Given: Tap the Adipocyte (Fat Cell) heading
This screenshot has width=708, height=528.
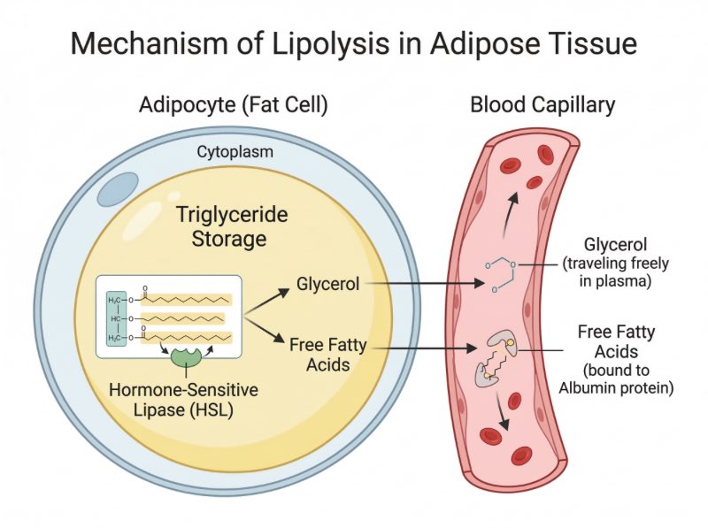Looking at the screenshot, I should (x=234, y=105).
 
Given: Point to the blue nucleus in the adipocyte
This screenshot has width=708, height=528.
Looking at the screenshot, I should (x=118, y=189).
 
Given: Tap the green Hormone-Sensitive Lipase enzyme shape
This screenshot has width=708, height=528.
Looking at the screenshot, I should (x=186, y=357).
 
